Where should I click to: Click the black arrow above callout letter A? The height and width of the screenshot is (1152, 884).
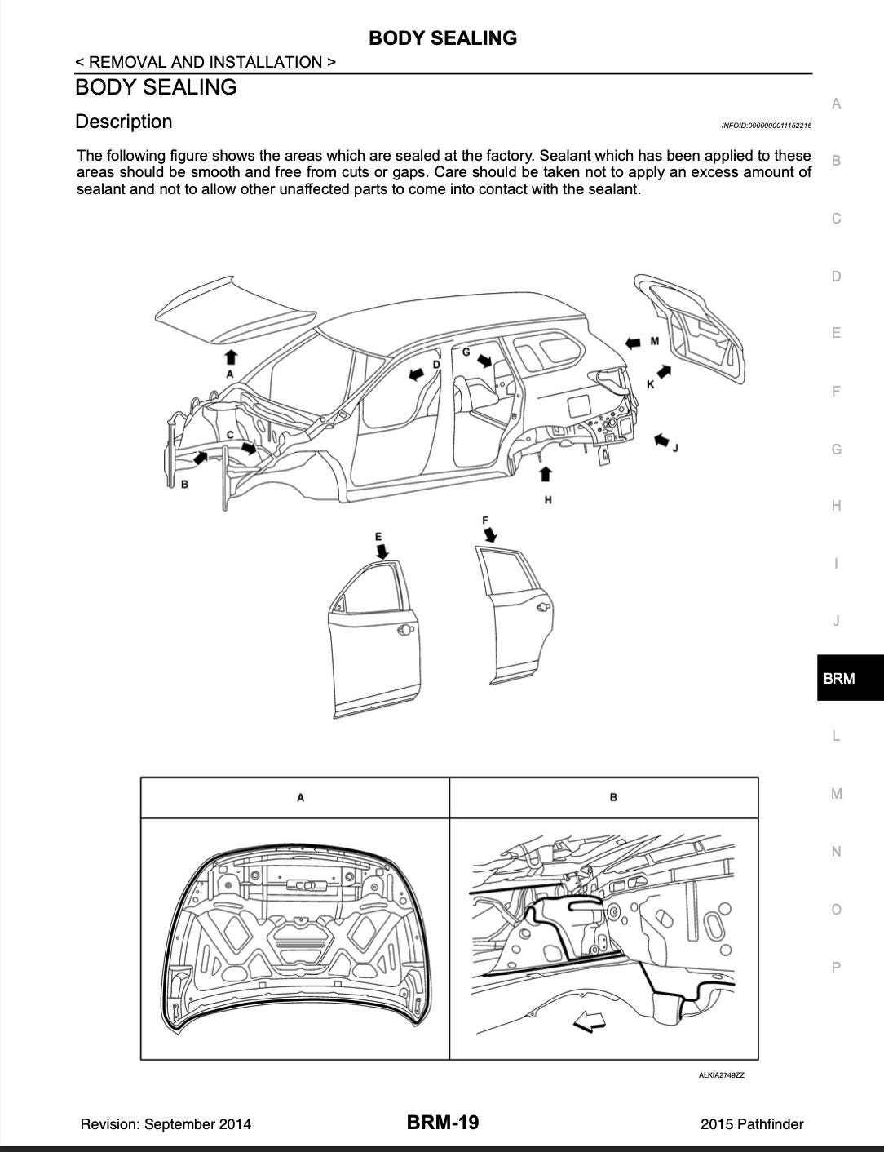point(231,356)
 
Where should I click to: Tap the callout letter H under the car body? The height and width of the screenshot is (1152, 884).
point(547,499)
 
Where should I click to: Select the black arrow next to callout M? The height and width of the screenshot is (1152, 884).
point(632,342)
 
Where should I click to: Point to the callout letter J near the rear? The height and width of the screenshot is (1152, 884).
point(675,447)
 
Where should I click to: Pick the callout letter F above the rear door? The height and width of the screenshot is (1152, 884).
point(485,520)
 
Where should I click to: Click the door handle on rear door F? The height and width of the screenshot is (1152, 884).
point(541,608)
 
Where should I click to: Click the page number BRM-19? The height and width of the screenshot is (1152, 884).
point(443,1123)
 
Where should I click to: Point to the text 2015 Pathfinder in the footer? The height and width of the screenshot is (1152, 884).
point(751,1124)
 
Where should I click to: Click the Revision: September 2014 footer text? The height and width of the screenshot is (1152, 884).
point(166,1124)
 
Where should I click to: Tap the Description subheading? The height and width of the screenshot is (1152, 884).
point(124,122)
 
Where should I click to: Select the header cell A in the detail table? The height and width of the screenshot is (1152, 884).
point(300,797)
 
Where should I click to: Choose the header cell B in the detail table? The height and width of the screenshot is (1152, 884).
point(612,797)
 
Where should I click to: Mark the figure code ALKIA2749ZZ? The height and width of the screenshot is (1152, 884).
point(721,1075)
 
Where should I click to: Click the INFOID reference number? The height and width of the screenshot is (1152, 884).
point(766,126)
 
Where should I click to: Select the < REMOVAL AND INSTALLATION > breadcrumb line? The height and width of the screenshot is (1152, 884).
point(205,62)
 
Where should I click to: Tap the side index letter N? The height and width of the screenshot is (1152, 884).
point(836,852)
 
